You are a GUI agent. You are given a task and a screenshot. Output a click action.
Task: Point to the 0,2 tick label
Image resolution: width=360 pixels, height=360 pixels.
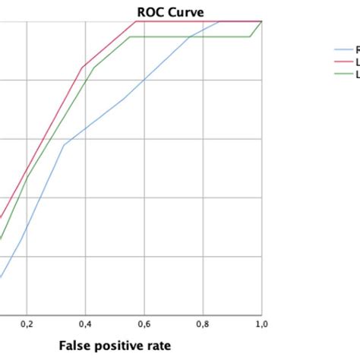coord(27,324)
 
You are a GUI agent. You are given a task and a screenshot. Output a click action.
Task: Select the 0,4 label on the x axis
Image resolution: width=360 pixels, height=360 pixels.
coord(85,324)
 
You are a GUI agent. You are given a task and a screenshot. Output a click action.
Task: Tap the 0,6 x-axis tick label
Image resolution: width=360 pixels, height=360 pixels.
coord(144,324)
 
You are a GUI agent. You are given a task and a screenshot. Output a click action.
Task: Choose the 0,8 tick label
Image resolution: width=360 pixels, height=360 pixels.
coord(203,324)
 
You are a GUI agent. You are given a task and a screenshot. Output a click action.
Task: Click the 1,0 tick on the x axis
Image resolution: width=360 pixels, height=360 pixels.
coord(261,324)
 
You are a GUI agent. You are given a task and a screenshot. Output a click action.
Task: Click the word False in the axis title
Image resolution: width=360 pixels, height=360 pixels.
coord(77,346)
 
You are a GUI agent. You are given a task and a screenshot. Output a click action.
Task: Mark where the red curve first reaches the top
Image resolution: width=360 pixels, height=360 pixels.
coord(135,21)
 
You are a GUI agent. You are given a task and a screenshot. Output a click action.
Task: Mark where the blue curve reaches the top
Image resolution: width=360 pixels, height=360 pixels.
coord(219,21)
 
